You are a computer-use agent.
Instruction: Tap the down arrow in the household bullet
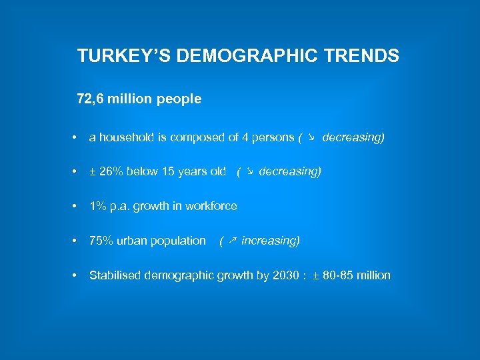[x=311, y=137]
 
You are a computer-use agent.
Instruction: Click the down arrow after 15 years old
[x=249, y=171]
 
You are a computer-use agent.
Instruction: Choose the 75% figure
[x=101, y=241]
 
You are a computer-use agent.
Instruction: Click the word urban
[x=132, y=241]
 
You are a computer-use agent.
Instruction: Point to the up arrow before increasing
[x=231, y=241]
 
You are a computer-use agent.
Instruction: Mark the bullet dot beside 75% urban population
[x=76, y=241]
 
